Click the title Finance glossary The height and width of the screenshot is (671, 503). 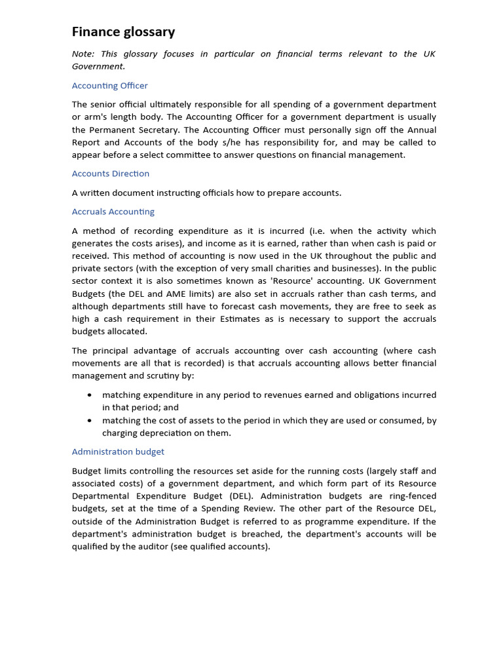click(x=123, y=31)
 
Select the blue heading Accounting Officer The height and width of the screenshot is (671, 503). click(x=109, y=86)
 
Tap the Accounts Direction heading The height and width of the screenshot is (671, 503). click(x=110, y=174)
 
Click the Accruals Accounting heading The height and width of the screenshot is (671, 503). click(x=113, y=212)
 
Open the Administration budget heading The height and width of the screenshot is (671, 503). click(x=118, y=452)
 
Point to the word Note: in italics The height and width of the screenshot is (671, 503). click(x=83, y=54)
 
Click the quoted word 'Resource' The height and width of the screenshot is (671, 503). click(x=291, y=281)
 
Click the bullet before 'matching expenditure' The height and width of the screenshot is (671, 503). click(x=89, y=395)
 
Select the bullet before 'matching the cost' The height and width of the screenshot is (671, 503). click(x=89, y=421)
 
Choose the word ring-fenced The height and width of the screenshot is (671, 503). click(x=411, y=496)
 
